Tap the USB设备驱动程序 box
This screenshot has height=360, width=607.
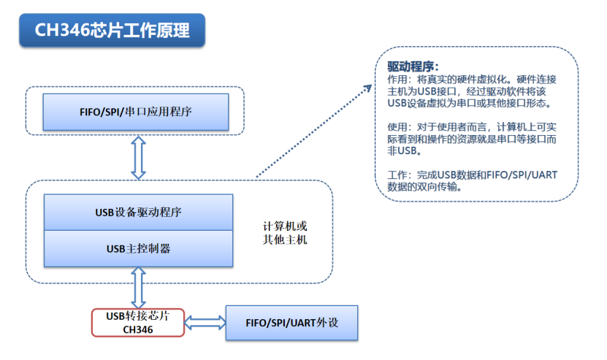[x=138, y=212]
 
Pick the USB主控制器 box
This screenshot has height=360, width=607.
[x=138, y=248]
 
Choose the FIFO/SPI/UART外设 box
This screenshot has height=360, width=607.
[x=291, y=322]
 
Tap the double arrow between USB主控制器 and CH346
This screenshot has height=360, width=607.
[x=138, y=288]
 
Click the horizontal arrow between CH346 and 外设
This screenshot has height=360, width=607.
[x=205, y=322]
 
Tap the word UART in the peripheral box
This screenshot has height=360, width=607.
[x=302, y=322]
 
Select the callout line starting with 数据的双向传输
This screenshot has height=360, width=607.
[x=424, y=186]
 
